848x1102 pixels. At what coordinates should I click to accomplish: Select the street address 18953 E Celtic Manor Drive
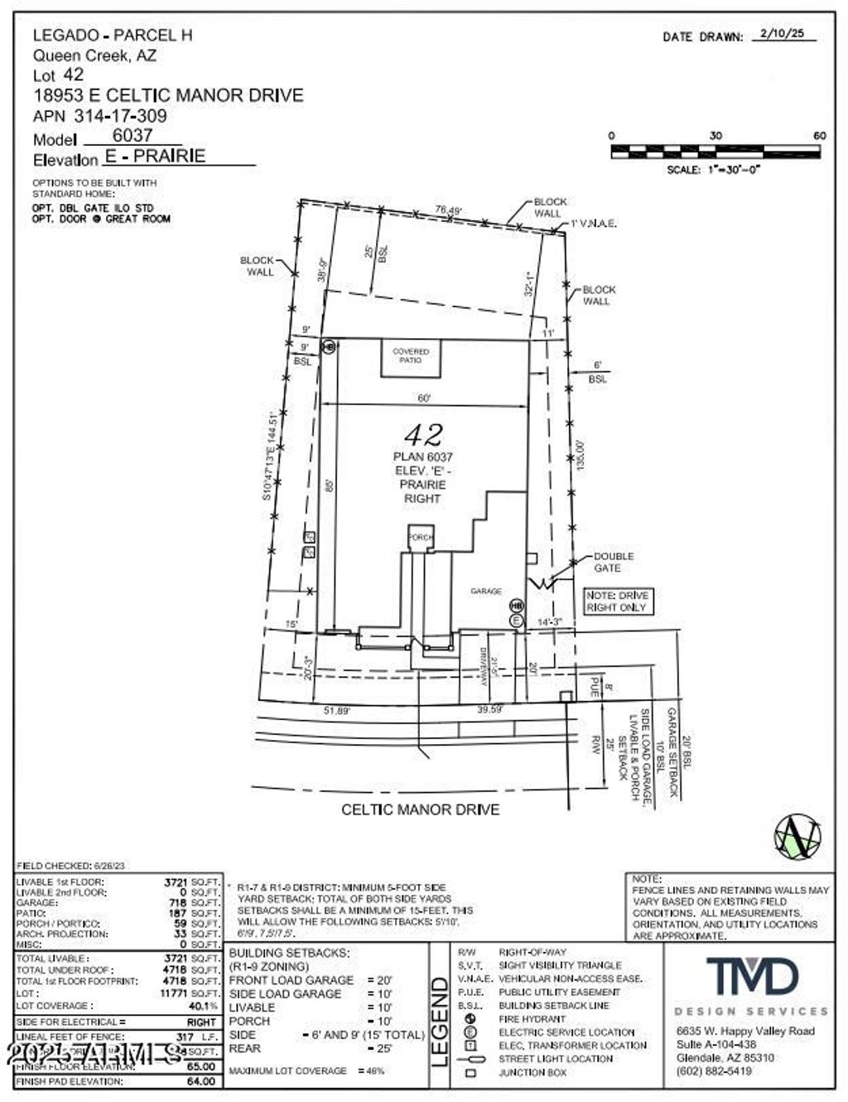click(168, 95)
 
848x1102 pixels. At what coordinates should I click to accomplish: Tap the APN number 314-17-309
click(120, 116)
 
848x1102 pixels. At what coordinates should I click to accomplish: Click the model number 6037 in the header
click(132, 135)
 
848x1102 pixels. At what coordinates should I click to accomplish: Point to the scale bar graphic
click(715, 152)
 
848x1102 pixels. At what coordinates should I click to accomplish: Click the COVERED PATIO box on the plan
click(411, 356)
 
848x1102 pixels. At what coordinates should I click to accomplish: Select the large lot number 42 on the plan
click(423, 434)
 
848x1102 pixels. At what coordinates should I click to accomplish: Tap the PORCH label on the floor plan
click(420, 538)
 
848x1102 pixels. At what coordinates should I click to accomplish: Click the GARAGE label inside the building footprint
click(486, 591)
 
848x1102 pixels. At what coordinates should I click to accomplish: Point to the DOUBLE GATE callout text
click(613, 562)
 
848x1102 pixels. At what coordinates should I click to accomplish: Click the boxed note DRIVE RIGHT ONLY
click(618, 602)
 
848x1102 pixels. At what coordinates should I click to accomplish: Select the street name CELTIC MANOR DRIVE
click(421, 810)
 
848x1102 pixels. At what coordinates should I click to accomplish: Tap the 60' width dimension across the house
click(424, 399)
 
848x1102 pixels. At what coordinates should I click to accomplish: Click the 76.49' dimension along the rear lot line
click(448, 210)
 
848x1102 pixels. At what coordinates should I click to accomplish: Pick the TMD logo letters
click(752, 977)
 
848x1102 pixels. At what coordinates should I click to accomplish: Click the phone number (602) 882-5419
click(714, 1071)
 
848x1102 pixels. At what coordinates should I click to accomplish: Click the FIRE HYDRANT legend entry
click(531, 1018)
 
